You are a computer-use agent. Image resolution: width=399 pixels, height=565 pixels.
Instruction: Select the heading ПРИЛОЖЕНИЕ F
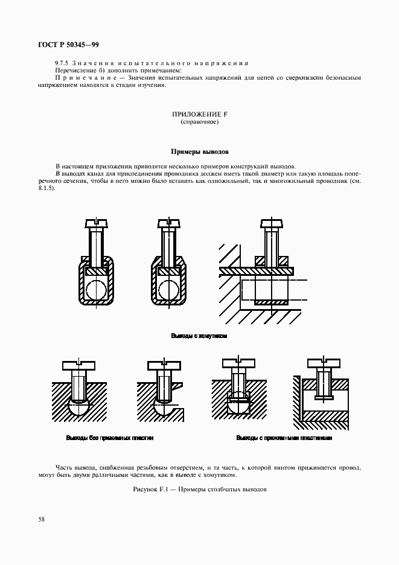(x=199, y=115)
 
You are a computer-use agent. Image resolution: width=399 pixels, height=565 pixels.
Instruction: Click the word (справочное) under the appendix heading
(x=199, y=123)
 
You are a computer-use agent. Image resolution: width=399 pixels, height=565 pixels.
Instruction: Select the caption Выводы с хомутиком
(x=199, y=335)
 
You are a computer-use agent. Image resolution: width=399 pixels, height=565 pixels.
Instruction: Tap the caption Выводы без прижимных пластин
(x=110, y=438)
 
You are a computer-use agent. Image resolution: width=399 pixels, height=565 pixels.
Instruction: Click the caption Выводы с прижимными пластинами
(x=284, y=438)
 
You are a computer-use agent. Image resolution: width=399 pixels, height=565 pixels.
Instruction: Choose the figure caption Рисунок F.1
(x=199, y=489)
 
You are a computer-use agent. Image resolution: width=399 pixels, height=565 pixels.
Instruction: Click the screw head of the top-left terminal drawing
(x=97, y=225)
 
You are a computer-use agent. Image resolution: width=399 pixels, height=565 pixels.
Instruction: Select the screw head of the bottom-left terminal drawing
(x=78, y=365)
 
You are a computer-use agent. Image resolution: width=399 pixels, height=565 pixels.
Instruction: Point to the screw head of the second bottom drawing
(x=164, y=365)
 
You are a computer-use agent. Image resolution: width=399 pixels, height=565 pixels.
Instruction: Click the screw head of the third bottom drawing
(x=240, y=363)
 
